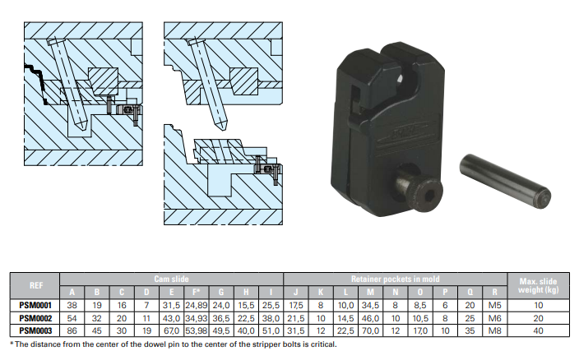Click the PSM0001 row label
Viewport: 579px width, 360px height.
[x=35, y=305]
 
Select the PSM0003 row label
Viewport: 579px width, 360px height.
[x=35, y=330]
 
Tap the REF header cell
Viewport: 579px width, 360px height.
[x=36, y=285]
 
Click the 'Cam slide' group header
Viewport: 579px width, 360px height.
[x=171, y=279]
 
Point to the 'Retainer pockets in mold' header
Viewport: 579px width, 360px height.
[x=395, y=279]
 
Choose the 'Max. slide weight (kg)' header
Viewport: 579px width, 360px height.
[x=539, y=285]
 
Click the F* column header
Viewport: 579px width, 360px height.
[x=197, y=292]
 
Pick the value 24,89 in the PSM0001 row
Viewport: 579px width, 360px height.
[x=197, y=305]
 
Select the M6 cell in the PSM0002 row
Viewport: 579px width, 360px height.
[x=495, y=318]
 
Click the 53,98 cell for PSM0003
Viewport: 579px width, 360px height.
[x=197, y=330]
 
